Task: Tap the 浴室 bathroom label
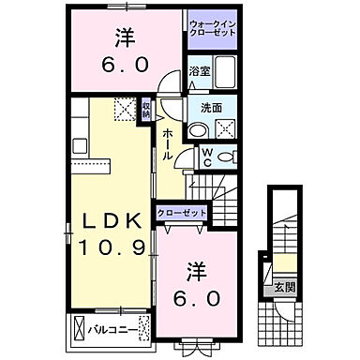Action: [x=198, y=69]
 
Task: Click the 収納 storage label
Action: [x=145, y=110]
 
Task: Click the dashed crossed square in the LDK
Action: [x=126, y=109]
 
